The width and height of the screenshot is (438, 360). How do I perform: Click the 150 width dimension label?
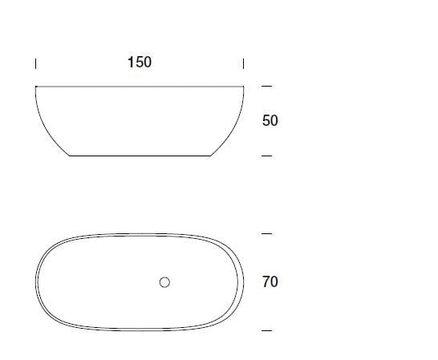pyautogui.click(x=139, y=62)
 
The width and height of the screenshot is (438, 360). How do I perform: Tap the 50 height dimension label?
pyautogui.click(x=270, y=121)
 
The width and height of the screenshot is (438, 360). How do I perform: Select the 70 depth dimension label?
pyautogui.click(x=270, y=282)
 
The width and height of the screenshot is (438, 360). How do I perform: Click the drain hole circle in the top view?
pyautogui.click(x=165, y=282)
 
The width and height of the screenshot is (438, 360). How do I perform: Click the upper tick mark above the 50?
pyautogui.click(x=267, y=86)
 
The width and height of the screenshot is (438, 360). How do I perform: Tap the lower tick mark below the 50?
pyautogui.click(x=267, y=156)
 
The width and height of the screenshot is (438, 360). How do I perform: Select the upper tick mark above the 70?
pyautogui.click(x=267, y=234)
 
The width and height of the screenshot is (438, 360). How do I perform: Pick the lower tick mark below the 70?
pyautogui.click(x=267, y=330)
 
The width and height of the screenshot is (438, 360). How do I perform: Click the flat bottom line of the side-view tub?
pyautogui.click(x=140, y=156)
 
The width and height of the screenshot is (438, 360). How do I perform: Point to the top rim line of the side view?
pyautogui.click(x=140, y=86)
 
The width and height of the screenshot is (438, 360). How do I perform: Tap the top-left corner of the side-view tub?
pyautogui.click(x=36, y=86)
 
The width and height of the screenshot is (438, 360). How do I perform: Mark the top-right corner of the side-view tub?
pyautogui.click(x=244, y=86)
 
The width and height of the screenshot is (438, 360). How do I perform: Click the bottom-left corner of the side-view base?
pyautogui.click(x=71, y=156)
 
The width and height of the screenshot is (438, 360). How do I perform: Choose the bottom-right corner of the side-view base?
pyautogui.click(x=210, y=156)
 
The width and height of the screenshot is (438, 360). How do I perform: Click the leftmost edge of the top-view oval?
pyautogui.click(x=35, y=282)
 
